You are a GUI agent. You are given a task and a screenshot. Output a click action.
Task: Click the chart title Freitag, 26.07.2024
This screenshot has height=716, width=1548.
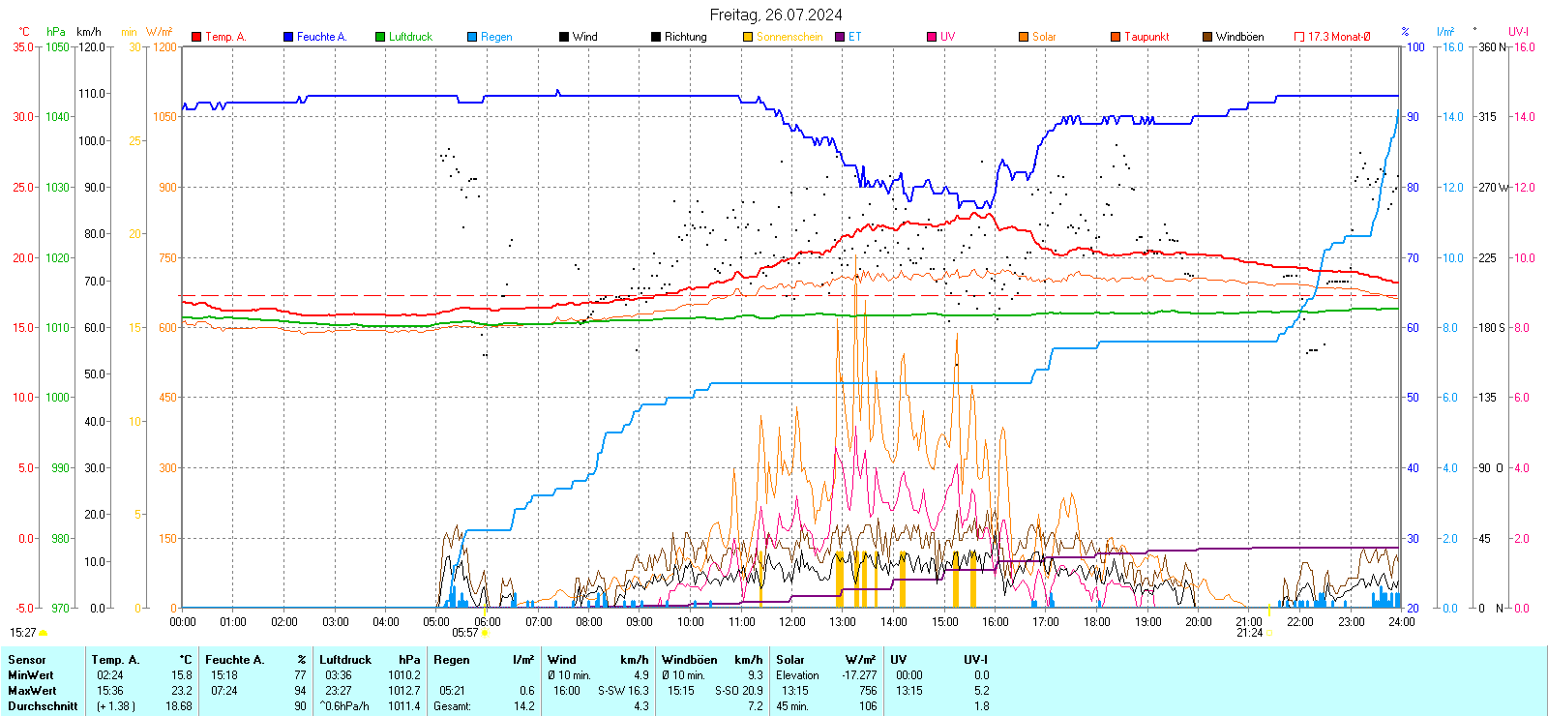point(775,15)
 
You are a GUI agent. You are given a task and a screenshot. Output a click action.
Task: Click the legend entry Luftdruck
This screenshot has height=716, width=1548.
point(410,37)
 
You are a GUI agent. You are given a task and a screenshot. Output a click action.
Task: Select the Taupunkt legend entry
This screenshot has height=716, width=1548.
point(1146,37)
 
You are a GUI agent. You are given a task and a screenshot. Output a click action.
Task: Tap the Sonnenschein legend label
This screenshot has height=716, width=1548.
point(789,37)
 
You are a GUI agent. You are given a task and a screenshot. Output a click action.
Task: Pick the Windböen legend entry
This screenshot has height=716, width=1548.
point(1239,37)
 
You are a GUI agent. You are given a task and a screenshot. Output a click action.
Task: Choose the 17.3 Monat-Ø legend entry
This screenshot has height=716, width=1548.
point(1339,37)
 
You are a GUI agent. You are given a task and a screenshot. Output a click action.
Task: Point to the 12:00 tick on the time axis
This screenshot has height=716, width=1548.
point(792,622)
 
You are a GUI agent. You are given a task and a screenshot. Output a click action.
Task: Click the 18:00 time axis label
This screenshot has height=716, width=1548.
point(1097,622)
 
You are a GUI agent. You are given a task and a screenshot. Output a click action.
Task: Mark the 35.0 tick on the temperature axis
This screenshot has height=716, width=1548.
point(23,46)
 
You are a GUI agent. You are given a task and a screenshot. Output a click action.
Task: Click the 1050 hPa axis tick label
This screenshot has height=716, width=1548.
point(58,46)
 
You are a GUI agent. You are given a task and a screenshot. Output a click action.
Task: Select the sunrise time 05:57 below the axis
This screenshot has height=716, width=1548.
point(465,633)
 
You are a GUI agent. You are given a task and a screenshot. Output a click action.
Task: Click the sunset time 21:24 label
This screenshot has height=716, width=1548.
point(1249,633)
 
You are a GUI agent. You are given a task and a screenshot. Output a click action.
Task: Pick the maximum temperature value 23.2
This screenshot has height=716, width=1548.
point(182,691)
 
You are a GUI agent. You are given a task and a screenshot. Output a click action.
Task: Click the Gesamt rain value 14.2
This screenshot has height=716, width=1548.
point(523,706)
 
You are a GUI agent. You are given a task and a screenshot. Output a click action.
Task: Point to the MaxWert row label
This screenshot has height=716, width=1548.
point(32,691)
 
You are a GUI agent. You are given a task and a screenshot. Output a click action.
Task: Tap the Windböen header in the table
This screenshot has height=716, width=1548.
point(690,660)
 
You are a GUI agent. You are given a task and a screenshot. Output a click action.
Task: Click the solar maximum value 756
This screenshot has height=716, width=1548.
point(867,691)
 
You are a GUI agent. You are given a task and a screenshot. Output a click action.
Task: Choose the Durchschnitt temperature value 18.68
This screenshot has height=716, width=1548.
point(179,706)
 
